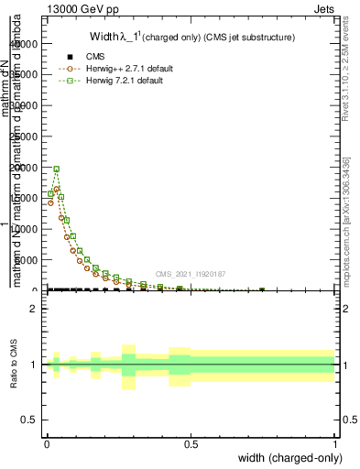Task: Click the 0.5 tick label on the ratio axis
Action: (29, 420)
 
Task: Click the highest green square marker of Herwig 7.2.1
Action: (56, 169)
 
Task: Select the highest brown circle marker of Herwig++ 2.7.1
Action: (56, 190)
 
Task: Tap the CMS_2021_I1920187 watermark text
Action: (191, 273)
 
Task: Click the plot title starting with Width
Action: (191, 38)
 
